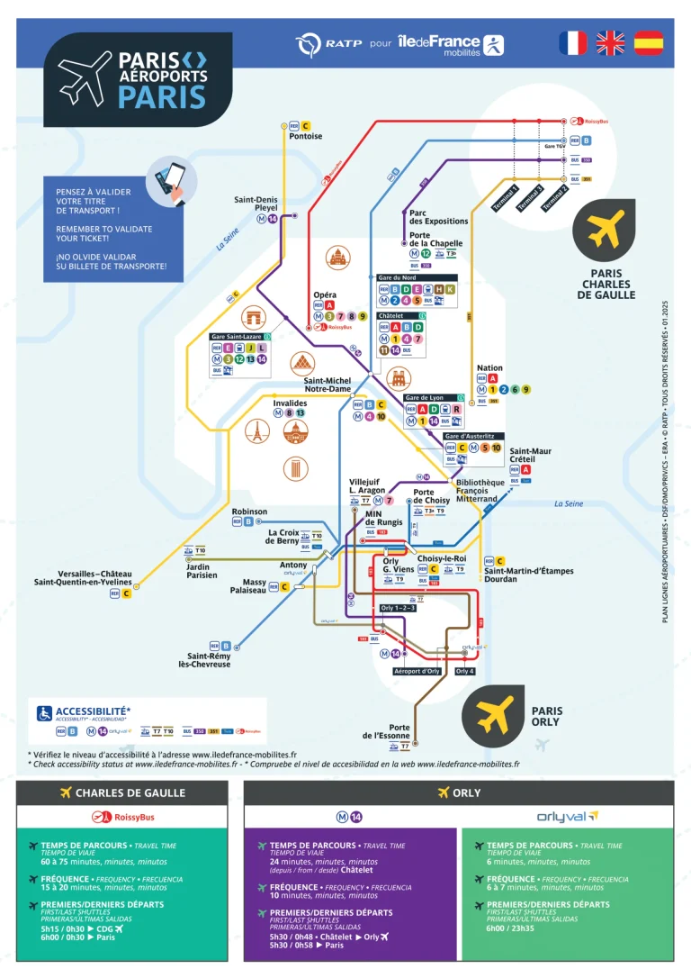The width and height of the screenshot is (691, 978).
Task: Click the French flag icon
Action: coord(572,43)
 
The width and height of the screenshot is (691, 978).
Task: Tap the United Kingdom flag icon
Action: coord(611,43)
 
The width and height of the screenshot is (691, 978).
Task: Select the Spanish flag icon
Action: coord(649,43)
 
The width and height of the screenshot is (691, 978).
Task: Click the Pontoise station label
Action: coord(305,137)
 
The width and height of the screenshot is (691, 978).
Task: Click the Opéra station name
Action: coord(325,295)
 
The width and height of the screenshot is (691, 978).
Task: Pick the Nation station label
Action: coord(489,368)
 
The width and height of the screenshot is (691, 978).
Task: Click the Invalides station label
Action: coord(290,403)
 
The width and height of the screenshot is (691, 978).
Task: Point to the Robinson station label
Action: coord(249,512)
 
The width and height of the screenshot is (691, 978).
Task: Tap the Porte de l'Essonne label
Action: coord(386,731)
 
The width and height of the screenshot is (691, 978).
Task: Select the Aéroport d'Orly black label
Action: coord(417,671)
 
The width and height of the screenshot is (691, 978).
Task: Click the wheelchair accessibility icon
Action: coord(43,713)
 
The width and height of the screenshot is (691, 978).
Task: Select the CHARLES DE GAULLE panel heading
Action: coord(121,792)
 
